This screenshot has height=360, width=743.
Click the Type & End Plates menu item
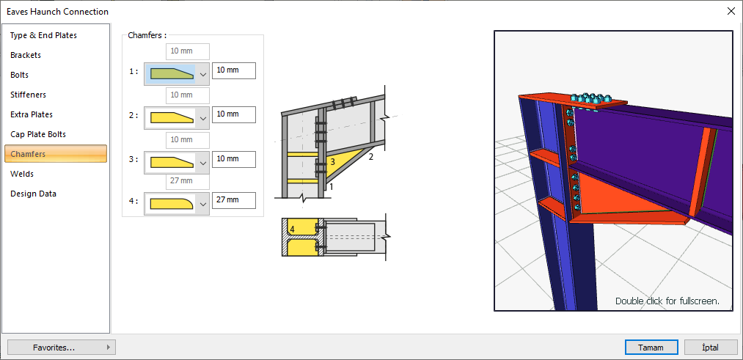(x=43, y=35)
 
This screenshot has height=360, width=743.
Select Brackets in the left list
(x=26, y=56)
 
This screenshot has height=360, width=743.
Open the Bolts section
(x=19, y=76)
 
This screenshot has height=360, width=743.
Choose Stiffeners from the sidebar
(x=28, y=95)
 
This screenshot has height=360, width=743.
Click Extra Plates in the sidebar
(x=32, y=114)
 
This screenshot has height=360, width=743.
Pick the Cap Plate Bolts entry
(x=38, y=134)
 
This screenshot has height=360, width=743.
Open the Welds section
(x=22, y=174)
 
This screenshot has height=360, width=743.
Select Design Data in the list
(x=33, y=194)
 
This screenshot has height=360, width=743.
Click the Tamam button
(x=651, y=348)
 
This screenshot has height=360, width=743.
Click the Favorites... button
(x=62, y=348)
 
